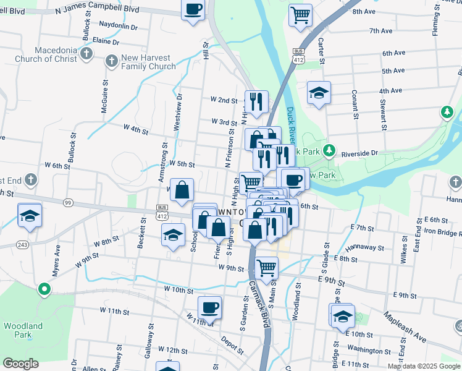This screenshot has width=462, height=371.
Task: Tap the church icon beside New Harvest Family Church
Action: point(111,61)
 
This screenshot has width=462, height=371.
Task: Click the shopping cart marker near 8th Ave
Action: point(300,15)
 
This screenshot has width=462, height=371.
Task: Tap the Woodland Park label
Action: point(23,330)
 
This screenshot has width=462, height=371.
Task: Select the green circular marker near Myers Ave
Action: point(44,289)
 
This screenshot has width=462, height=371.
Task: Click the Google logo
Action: point(20,364)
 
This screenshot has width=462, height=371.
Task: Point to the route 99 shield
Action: point(69,203)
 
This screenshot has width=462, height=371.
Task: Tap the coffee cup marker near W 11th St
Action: point(209,307)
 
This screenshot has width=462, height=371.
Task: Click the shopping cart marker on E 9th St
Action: point(266,267)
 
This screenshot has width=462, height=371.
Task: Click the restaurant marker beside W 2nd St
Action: point(256,101)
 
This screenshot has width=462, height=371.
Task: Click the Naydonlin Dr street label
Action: point(118,27)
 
